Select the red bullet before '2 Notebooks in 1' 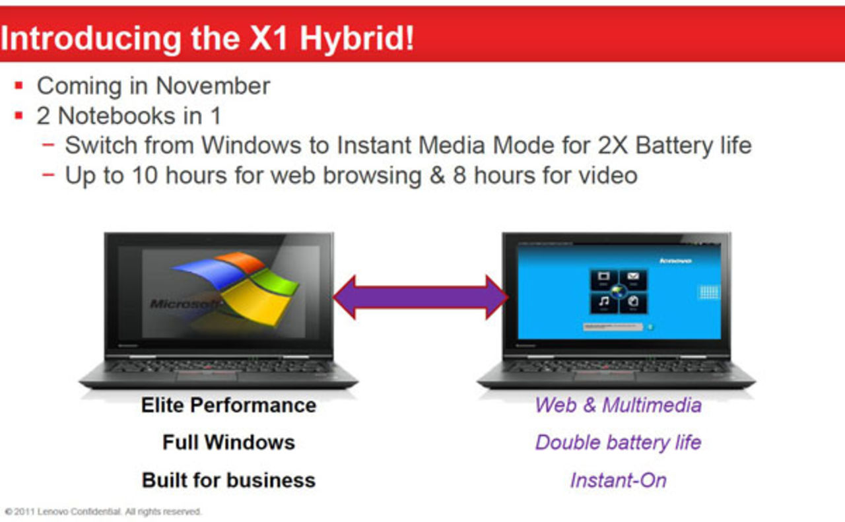click(x=19, y=116)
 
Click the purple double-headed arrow click(x=421, y=297)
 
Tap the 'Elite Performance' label click(x=228, y=405)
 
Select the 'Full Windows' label click(x=228, y=441)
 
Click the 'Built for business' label click(x=228, y=480)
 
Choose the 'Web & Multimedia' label click(x=618, y=405)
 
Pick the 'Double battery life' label click(x=618, y=441)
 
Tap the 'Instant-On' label click(x=618, y=480)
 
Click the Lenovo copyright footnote click(x=103, y=511)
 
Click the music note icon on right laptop click(x=603, y=302)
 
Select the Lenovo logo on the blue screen click(x=675, y=261)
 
